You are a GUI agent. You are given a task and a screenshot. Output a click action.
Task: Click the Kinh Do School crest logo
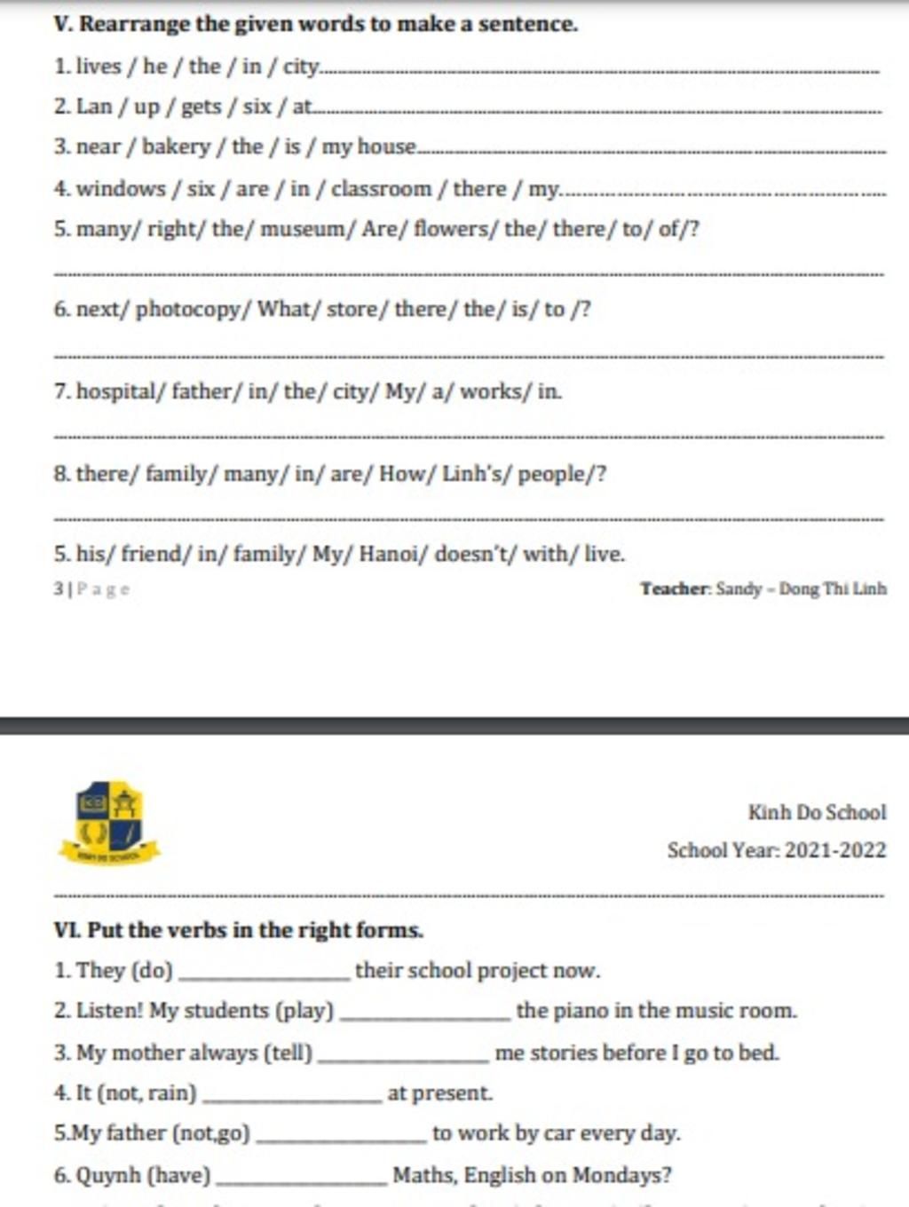tap(108, 823)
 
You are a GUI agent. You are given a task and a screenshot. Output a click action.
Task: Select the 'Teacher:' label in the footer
tap(676, 588)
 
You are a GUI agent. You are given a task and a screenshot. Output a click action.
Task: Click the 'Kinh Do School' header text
tap(817, 812)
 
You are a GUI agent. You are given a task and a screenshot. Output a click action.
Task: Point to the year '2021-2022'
tap(835, 850)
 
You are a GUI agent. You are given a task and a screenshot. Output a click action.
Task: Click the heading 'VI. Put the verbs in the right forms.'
tap(239, 930)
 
